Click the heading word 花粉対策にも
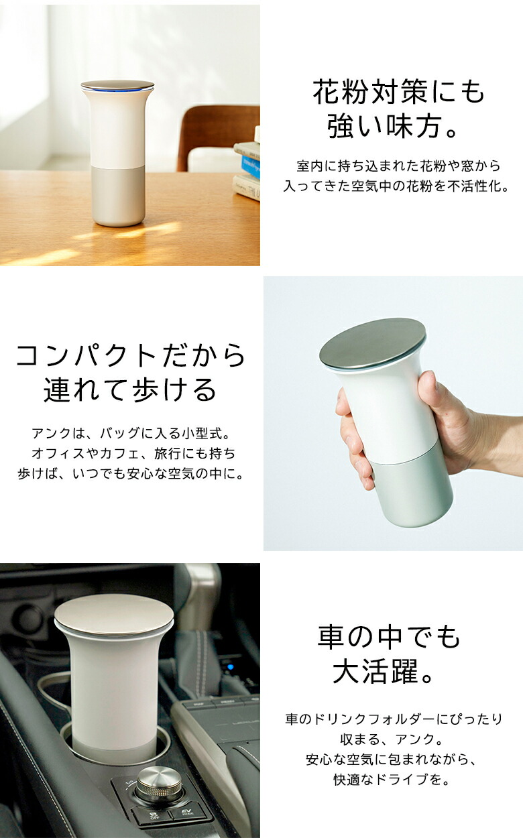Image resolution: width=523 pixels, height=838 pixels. (398, 93)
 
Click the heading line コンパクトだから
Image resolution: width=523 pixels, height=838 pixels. (131, 356)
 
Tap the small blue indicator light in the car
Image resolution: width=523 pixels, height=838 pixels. (229, 666)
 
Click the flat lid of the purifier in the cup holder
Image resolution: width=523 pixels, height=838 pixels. (114, 613)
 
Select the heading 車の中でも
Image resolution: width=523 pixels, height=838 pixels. (389, 638)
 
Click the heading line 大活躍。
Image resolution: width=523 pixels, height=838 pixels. (386, 672)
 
